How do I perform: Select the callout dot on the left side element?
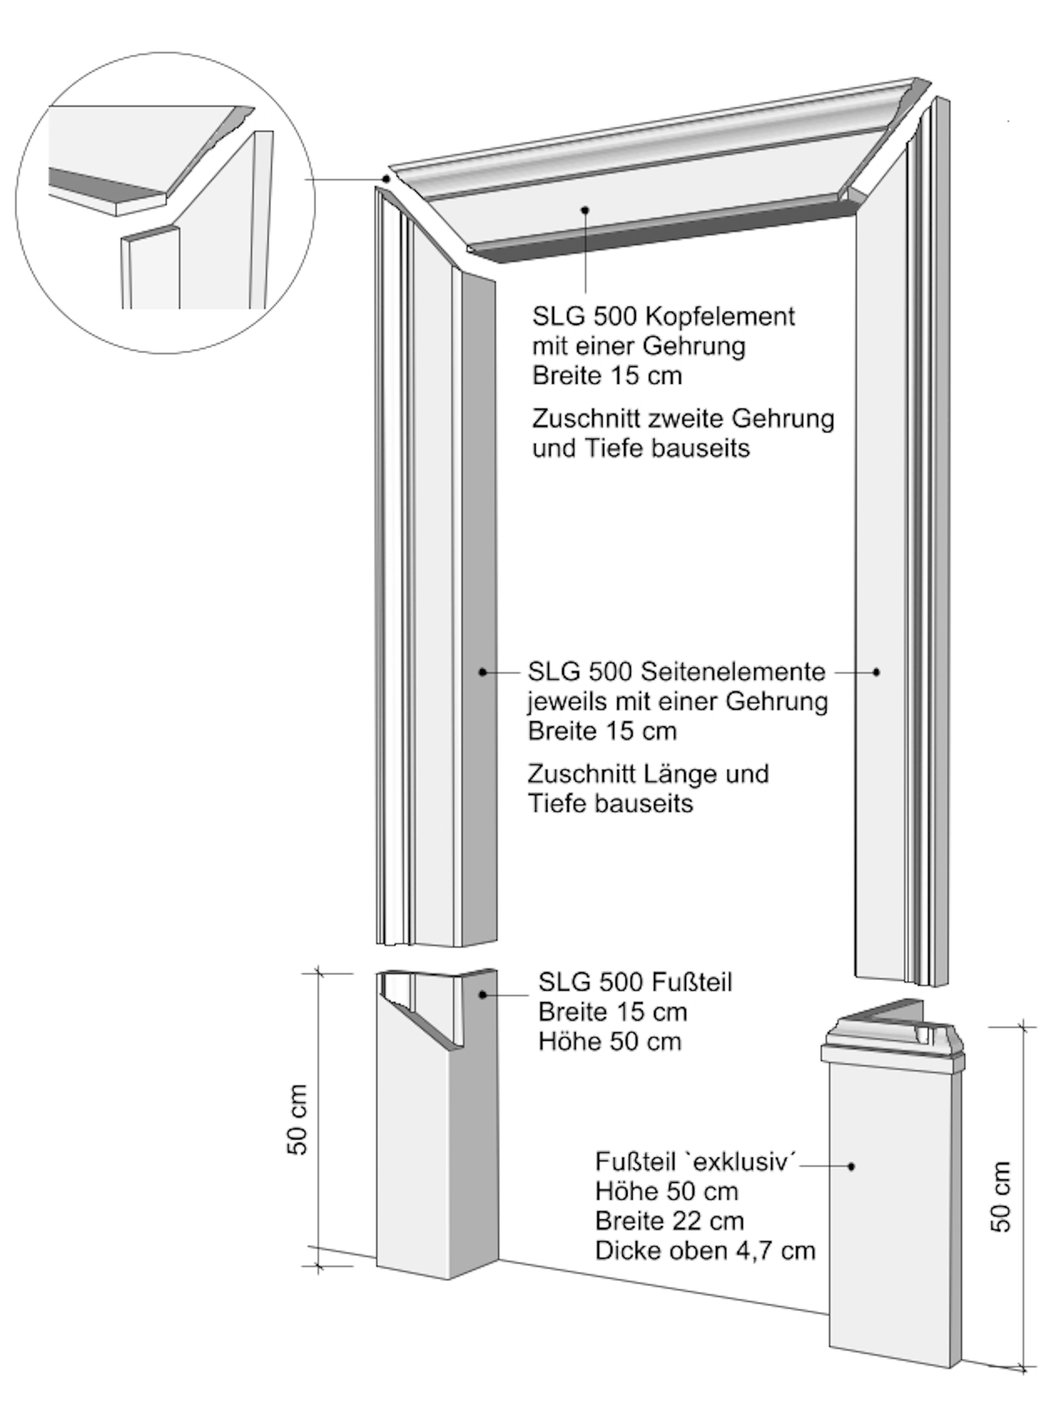tap(483, 672)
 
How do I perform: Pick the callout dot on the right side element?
tap(876, 672)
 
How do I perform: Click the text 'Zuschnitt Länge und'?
tap(648, 774)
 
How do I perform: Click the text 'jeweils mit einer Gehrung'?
tap(677, 702)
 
